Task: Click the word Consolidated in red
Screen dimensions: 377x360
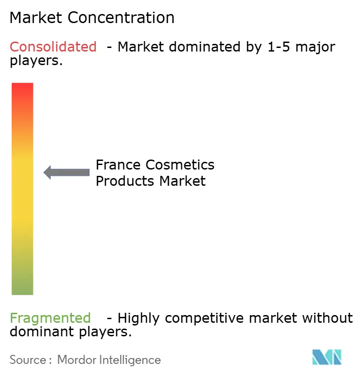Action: pyautogui.click(x=53, y=47)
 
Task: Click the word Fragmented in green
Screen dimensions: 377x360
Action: pyautogui.click(x=50, y=318)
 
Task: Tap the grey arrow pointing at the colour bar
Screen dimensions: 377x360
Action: pyautogui.click(x=66, y=172)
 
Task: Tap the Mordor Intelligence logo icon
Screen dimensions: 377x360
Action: pyautogui.click(x=327, y=358)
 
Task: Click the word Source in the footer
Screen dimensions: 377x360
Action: pyautogui.click(x=28, y=360)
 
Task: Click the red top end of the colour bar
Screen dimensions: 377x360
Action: pyautogui.click(x=22, y=88)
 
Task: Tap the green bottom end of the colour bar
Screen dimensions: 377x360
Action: pyautogui.click(x=22, y=289)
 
